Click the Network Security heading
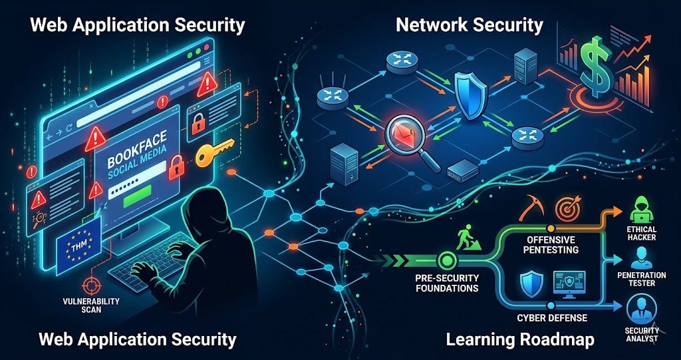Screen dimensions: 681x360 click(x=469, y=25)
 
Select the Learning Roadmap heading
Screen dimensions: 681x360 click(x=519, y=340)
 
